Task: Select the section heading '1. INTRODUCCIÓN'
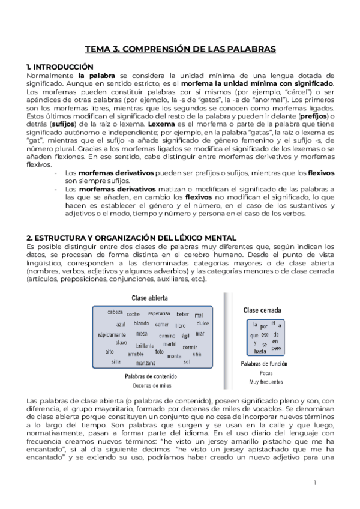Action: [x=60, y=67]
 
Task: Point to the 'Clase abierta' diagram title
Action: [x=149, y=298]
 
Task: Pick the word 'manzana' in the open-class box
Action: [x=146, y=363]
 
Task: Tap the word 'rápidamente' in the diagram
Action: [x=112, y=334]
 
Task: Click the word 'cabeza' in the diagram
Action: [x=115, y=312]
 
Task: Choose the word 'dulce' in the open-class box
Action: [x=203, y=324]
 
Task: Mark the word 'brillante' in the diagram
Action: [x=145, y=346]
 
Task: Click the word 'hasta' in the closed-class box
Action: [x=260, y=351]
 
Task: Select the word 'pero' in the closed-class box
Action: [x=276, y=348]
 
